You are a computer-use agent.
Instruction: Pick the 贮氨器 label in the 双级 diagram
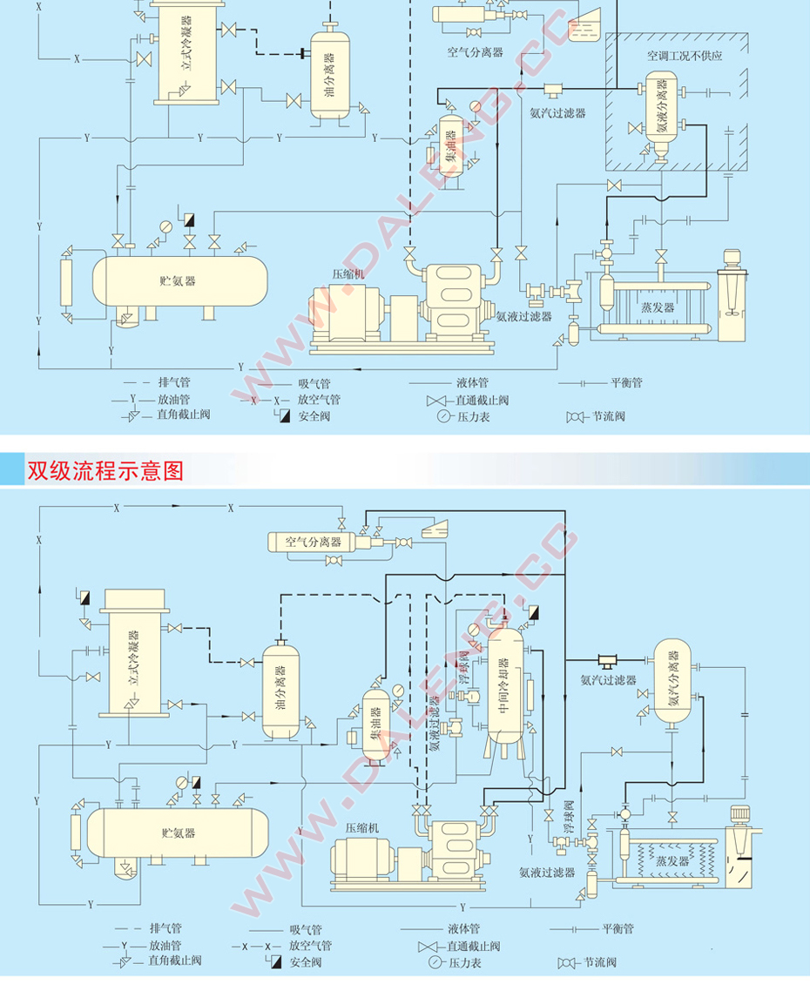point(179,833)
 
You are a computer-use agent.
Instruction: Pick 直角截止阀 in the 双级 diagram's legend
point(174,961)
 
